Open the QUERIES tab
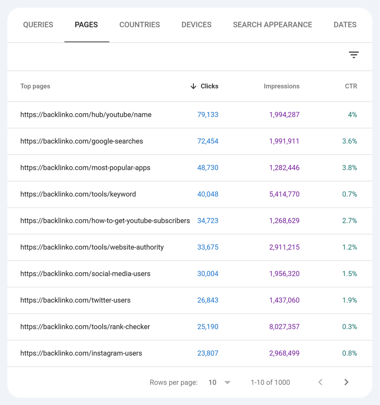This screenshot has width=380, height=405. (38, 25)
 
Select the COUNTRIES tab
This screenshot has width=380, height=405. (140, 25)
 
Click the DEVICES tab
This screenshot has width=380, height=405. (196, 25)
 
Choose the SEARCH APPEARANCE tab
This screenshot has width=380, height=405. (272, 25)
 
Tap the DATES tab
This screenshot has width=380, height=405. (345, 25)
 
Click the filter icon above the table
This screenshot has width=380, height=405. (353, 55)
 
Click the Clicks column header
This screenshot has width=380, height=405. (209, 86)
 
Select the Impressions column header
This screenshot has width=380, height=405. (281, 86)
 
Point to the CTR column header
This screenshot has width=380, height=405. (351, 86)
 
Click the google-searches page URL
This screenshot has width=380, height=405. (82, 141)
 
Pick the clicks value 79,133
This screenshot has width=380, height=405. (208, 115)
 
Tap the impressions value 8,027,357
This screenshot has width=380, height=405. (284, 327)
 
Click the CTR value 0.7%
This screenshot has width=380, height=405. (350, 194)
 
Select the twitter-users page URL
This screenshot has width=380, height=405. (75, 300)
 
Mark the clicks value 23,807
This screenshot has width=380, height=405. (208, 353)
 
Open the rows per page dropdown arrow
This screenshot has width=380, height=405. (227, 382)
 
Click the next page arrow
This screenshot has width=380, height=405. (346, 382)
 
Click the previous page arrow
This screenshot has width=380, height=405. (320, 382)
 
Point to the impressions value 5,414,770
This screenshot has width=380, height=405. (284, 194)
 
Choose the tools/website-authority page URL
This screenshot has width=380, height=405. (92, 247)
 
